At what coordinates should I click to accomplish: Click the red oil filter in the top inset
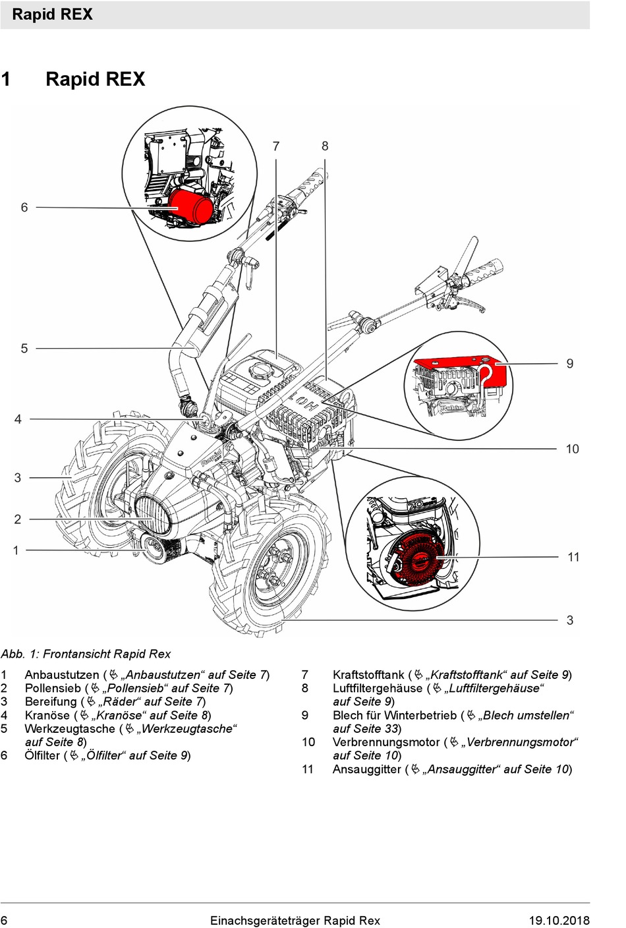[x=191, y=206]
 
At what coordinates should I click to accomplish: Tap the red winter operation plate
[x=461, y=369]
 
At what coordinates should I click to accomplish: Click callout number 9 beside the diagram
[x=570, y=364]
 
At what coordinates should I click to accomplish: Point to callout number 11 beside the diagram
[x=573, y=558]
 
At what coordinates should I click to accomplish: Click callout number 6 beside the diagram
[x=24, y=208]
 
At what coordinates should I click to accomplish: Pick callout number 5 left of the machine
[x=24, y=349]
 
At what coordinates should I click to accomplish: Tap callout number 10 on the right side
[x=572, y=449]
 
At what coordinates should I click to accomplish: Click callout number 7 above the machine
[x=276, y=146]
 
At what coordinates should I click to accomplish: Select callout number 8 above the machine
[x=325, y=146]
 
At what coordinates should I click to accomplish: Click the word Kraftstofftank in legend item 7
[x=368, y=675]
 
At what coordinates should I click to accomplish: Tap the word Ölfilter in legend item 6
[x=42, y=755]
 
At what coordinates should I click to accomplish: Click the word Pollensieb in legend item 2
[x=53, y=688]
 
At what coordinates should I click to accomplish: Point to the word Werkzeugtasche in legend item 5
[x=69, y=729]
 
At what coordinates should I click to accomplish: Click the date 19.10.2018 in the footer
[x=559, y=921]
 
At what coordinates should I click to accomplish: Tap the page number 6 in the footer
[x=5, y=921]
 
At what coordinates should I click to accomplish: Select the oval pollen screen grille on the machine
[x=153, y=515]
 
